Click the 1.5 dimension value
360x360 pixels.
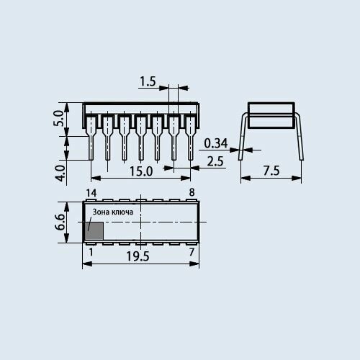click(x=148, y=81)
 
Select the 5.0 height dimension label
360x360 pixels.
click(x=58, y=118)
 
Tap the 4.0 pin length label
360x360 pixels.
click(x=60, y=173)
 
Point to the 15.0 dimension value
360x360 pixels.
click(x=141, y=171)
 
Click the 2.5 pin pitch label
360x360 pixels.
click(x=215, y=161)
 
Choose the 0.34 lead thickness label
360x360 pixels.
click(x=215, y=143)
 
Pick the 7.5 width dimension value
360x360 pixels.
click(x=271, y=171)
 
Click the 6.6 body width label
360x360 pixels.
click(x=60, y=222)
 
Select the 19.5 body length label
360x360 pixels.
click(x=138, y=256)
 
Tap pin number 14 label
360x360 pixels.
click(x=91, y=193)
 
